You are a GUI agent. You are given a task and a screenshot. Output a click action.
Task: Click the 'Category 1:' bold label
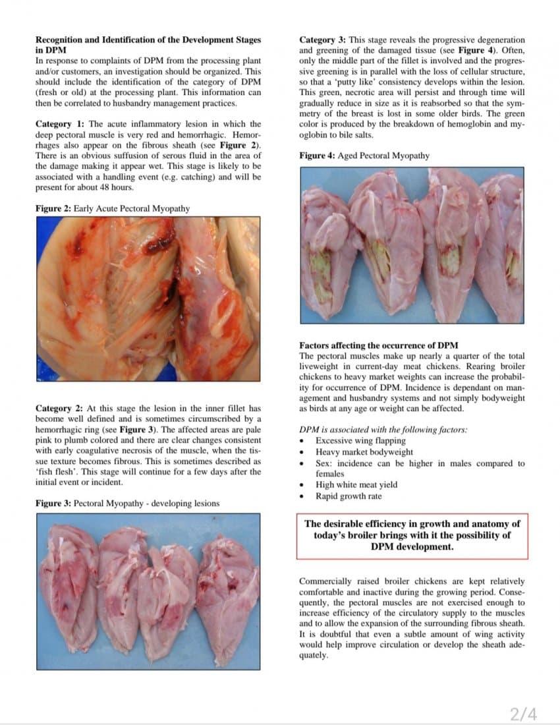click(59, 124)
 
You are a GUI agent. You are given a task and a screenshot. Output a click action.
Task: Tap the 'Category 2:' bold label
click(59, 409)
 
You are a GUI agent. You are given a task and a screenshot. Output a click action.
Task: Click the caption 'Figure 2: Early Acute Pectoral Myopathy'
click(113, 208)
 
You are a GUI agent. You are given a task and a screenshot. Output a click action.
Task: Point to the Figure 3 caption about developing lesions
click(127, 504)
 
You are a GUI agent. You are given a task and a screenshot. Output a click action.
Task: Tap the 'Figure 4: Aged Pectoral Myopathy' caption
click(364, 156)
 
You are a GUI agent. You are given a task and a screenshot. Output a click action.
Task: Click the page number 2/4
click(524, 714)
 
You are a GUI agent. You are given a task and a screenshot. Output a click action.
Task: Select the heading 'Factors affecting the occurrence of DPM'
click(378, 345)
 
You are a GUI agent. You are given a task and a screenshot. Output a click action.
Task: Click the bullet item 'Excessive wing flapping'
click(360, 440)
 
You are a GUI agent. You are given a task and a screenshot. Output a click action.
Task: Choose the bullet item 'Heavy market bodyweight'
click(364, 452)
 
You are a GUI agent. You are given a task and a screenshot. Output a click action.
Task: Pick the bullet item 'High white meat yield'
click(356, 484)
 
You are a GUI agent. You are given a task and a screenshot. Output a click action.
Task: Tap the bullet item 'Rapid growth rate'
click(348, 496)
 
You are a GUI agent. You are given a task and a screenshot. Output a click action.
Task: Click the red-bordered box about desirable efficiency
click(412, 535)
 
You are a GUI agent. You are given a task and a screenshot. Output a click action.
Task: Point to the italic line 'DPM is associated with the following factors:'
click(383, 429)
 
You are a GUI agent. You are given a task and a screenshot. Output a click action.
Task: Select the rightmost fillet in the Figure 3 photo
click(227, 593)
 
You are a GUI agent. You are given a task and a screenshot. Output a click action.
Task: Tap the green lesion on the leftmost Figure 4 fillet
click(323, 277)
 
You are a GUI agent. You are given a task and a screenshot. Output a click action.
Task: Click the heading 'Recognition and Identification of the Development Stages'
click(148, 40)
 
